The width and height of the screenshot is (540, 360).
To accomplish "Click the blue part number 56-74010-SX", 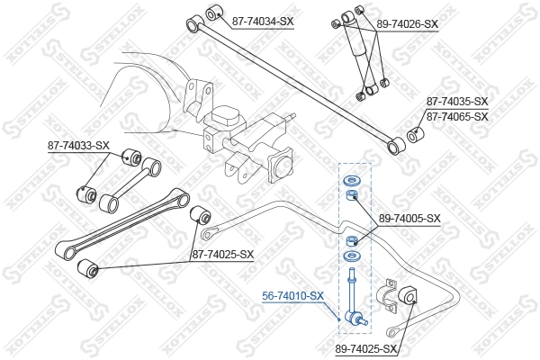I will coord(292,294).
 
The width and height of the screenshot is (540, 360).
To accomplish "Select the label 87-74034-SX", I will coord(264,19).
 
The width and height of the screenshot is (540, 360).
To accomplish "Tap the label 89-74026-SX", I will coord(407,24).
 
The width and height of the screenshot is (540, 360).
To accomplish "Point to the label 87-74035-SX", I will coord(456,102).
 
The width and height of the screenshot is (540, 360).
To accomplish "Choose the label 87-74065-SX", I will coord(456,116).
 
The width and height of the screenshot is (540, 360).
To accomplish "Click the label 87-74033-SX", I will coord(78,145).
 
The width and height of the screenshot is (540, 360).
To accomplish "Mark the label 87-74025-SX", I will coord(222,255).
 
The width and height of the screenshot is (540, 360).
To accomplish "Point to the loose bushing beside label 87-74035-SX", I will coord(416,135).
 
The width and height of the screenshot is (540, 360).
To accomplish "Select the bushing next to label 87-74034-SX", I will coord(214,13).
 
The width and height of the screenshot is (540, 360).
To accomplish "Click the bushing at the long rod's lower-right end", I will coord(393,144).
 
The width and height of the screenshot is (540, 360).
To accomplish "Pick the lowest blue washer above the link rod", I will coord(351,260).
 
